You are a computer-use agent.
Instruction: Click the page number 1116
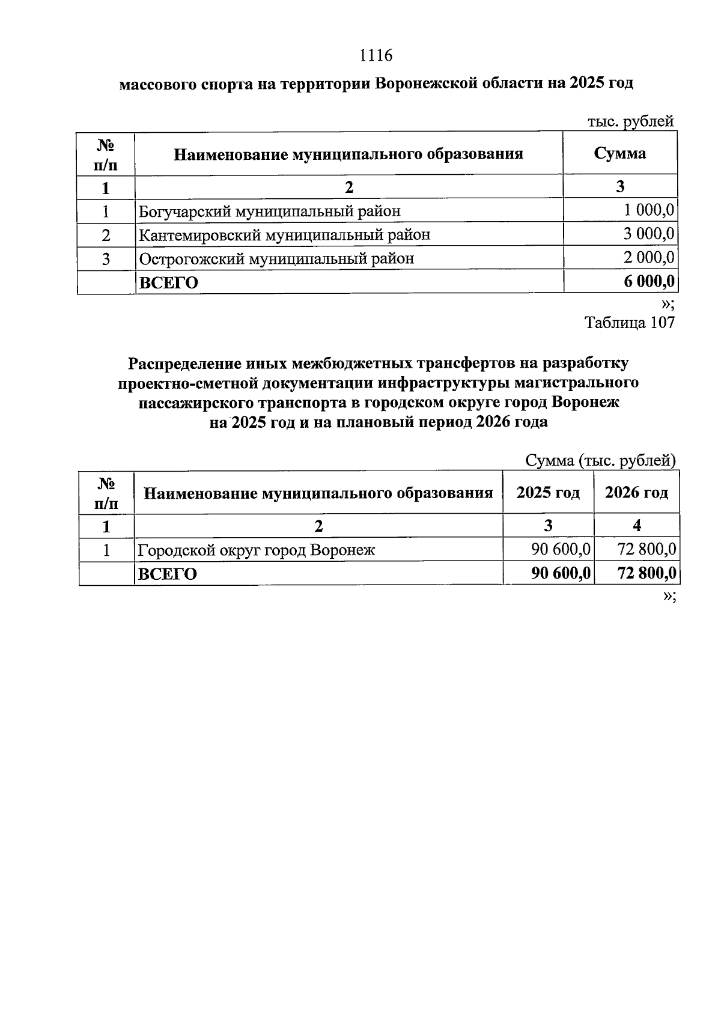[376, 56]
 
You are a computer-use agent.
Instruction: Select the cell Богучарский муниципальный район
[270, 211]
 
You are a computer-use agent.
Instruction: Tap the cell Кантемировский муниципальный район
[285, 234]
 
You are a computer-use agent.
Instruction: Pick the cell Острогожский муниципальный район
[276, 259]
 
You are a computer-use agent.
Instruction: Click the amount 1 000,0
[648, 211]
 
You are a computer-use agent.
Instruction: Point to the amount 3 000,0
[648, 234]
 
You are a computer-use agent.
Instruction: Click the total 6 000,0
[648, 282]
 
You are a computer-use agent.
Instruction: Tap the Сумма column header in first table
[620, 153]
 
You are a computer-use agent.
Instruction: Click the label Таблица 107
[630, 323]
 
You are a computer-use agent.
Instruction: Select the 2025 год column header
[548, 493]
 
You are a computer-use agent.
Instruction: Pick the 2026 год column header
[636, 493]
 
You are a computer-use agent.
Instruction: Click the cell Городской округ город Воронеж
[257, 550]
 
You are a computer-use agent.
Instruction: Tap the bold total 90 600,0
[561, 574]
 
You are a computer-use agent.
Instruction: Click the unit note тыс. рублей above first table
[630, 121]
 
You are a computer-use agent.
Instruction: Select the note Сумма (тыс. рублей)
[601, 461]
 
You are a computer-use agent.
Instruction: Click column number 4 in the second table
[637, 526]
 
